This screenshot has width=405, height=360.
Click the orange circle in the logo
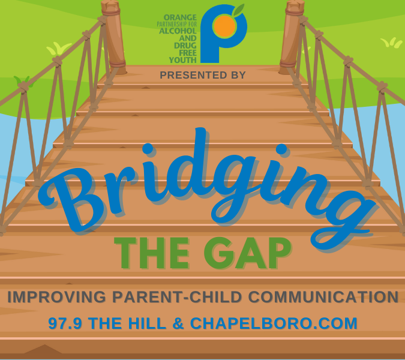coord(224,25)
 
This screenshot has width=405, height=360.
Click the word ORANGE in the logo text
coord(180,17)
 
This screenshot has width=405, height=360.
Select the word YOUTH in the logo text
coord(183,60)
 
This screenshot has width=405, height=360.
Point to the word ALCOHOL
coord(178,31)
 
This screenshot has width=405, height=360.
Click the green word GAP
coord(247,253)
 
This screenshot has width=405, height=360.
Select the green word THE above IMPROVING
coord(152,253)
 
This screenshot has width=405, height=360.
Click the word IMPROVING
coord(57,297)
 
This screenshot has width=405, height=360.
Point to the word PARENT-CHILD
coord(177,297)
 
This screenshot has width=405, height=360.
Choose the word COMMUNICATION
coord(323,297)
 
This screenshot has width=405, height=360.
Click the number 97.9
coord(65,323)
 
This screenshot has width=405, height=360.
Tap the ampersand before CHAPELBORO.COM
coord(178,323)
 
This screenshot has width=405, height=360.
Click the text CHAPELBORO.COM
coord(274,323)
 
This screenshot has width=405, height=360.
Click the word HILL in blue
coord(147,323)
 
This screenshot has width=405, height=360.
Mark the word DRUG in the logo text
coord(185,46)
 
